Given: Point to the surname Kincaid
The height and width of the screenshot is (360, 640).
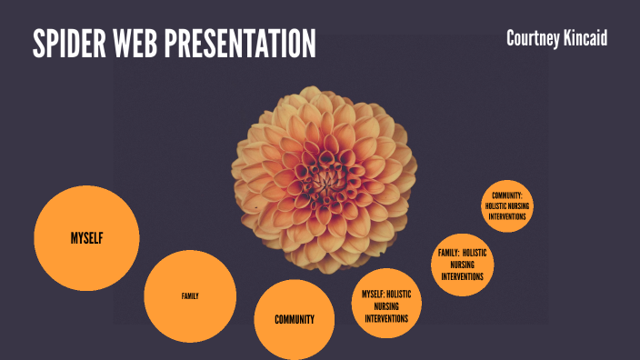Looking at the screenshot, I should click(589, 38).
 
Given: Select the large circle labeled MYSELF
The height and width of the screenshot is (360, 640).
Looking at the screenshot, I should click(86, 238).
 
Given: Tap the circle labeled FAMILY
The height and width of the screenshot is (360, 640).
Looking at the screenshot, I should click(190, 296).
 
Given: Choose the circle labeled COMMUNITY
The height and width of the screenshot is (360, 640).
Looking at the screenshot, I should click(295, 319).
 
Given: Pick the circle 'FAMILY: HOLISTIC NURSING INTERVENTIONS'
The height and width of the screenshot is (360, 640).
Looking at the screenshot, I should click(462, 265).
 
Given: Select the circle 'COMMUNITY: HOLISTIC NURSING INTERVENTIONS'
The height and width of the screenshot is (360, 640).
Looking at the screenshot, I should click(506, 206).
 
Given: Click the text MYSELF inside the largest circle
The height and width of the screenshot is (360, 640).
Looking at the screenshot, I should click(86, 238).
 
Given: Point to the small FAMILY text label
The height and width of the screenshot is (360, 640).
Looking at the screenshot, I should click(190, 296).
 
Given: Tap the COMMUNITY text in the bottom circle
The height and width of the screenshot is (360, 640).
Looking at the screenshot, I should click(295, 319).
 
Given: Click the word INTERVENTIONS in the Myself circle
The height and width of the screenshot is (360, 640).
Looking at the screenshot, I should click(386, 319).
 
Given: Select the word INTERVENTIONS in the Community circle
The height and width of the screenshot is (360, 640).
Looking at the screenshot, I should click(506, 216).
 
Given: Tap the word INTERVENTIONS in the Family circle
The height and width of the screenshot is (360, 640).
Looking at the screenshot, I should click(462, 276).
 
